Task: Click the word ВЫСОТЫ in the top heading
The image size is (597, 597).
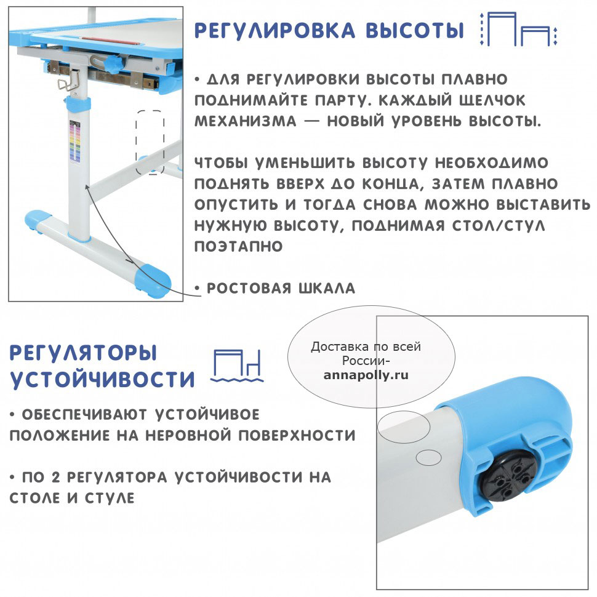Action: tap(415, 30)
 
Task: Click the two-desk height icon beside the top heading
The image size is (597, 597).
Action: tap(518, 29)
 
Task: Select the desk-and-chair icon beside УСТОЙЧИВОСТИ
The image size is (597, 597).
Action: tap(237, 365)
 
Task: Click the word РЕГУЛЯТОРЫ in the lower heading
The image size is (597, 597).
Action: tap(83, 353)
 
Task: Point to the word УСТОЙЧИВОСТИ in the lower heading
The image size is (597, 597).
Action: tap(102, 379)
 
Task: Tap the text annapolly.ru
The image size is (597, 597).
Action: tap(366, 375)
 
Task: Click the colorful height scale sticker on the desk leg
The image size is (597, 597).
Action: tap(75, 140)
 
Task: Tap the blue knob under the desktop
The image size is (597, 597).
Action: tap(113, 65)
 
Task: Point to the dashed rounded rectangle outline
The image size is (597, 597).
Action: tap(136, 142)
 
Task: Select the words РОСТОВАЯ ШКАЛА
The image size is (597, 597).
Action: tap(281, 288)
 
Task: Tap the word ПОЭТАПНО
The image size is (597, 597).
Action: tap(238, 246)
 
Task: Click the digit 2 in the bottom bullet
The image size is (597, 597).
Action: tap(55, 477)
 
